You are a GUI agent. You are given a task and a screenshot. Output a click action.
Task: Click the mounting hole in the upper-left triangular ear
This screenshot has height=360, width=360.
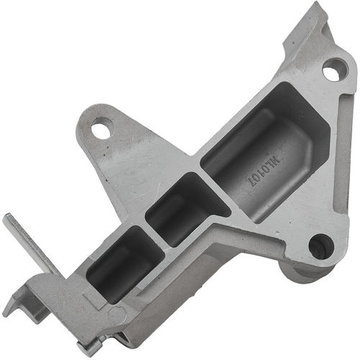coord(102,130)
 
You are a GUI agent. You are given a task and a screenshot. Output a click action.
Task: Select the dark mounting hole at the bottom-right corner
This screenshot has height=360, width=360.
coord(320,246)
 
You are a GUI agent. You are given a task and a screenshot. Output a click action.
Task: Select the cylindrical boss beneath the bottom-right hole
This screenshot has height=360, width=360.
coord(302,272)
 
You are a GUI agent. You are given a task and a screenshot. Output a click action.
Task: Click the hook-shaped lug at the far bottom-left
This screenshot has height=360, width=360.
coord(18,302)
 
